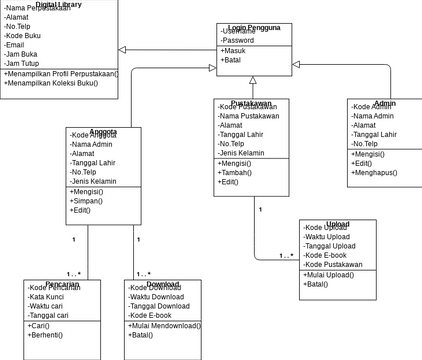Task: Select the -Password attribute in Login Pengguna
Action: [x=239, y=40]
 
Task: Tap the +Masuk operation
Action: [x=234, y=51]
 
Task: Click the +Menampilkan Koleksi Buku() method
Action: [x=59, y=83]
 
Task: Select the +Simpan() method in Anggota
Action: [x=89, y=200]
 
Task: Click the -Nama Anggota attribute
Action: [x=95, y=144]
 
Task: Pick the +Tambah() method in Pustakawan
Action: [x=237, y=172]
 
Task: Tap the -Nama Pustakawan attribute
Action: [x=248, y=116]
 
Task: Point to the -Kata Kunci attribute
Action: [x=47, y=298]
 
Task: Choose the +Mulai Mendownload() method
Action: [x=165, y=326]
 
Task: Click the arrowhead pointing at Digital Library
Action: [x=123, y=49]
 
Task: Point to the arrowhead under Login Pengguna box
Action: [x=253, y=79]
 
